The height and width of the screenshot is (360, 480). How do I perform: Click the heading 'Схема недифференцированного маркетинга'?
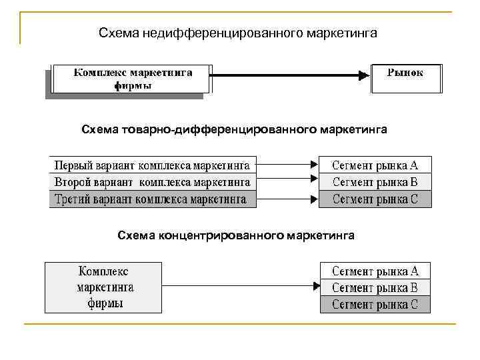[237, 33]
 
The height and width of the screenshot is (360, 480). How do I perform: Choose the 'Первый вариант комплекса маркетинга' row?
[153, 164]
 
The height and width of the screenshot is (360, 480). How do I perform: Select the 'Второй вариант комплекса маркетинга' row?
[153, 181]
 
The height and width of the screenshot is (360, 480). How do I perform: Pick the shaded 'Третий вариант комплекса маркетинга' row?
[153, 199]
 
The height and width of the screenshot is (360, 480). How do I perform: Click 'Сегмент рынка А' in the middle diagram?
[375, 164]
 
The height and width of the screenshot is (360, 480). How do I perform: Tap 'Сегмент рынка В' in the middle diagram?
[375, 181]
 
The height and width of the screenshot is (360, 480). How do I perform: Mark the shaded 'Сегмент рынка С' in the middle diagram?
[375, 199]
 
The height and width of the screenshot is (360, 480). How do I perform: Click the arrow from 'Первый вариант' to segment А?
[287, 164]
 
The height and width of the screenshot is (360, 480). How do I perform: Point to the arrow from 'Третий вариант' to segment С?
[287, 199]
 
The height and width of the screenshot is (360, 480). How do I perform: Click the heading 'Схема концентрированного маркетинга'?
[236, 235]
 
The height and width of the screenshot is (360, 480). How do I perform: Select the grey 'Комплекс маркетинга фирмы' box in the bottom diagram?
[103, 287]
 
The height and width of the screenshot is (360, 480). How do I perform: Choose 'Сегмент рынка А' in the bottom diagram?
[375, 271]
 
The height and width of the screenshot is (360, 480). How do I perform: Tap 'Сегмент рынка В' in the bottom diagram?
[375, 288]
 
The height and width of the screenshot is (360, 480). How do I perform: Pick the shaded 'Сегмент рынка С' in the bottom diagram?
[375, 305]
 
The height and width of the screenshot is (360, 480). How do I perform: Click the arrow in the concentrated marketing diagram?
[241, 286]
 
